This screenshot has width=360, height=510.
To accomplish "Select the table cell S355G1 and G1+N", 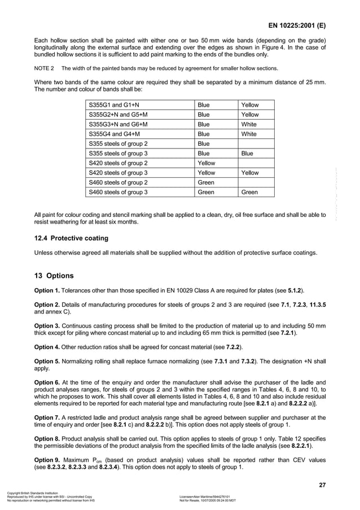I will coord(115,105).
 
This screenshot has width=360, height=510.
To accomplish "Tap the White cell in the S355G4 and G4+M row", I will coord(249,134).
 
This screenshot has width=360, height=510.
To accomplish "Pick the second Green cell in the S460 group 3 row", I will coord(249,192).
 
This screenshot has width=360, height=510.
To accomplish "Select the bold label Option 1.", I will coord(48,290).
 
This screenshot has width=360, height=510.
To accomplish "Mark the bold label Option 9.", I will coord(48,460).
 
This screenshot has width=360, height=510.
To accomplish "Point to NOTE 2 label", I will coord(45,68).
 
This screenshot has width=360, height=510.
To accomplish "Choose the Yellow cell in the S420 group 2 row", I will coord(207,163).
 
